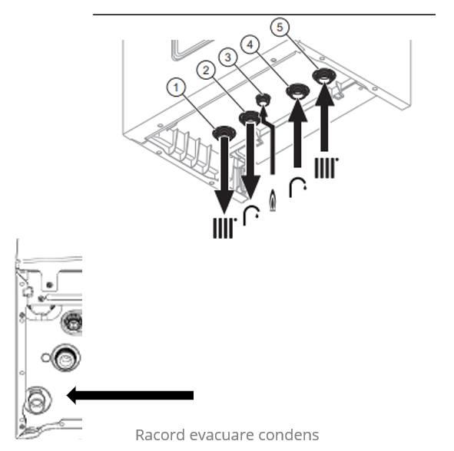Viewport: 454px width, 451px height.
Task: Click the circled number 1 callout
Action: point(176,87)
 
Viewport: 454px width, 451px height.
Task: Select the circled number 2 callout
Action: point(206,70)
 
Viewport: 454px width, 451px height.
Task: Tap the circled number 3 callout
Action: point(228,57)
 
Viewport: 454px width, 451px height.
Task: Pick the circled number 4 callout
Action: point(250,44)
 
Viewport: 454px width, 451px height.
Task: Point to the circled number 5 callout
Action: point(280,27)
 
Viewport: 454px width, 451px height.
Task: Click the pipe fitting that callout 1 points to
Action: point(224,133)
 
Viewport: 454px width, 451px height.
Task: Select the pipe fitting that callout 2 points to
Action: point(250,117)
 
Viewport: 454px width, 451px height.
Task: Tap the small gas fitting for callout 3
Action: point(263,100)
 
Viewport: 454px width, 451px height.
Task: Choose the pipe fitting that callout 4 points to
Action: point(297,91)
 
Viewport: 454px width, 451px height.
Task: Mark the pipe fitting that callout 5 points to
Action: point(324,76)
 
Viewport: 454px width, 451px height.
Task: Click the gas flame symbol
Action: point(273,200)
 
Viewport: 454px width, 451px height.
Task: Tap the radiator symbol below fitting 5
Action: point(326,168)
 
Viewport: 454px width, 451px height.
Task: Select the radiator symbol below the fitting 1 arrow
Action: point(224,228)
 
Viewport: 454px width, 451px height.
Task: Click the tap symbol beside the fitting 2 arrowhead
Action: point(251,216)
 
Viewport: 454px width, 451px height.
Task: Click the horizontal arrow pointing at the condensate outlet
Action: point(130,395)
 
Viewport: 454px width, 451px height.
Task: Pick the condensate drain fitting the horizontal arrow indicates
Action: point(38,400)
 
